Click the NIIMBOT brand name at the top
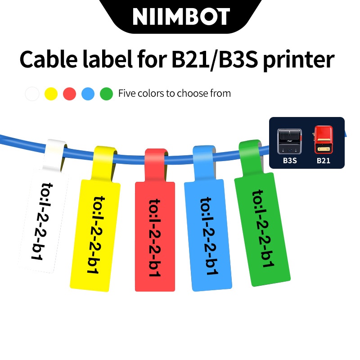pos(181,17)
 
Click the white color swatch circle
pos(32,94)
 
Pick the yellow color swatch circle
pos(51,94)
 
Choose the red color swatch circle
pos(69,94)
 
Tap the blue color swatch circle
pos(88,94)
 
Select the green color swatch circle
pos(106,94)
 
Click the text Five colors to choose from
pos(175,94)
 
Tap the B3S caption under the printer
pos(289,160)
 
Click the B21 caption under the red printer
pos(324,160)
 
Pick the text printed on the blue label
pos(207,236)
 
